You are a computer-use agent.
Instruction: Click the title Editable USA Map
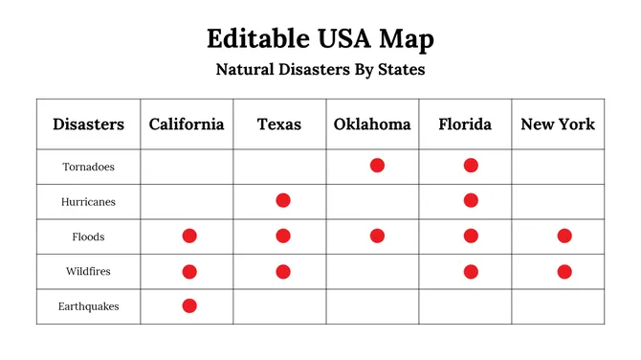320,39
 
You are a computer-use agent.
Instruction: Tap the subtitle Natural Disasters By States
320,70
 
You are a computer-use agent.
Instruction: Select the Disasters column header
88,124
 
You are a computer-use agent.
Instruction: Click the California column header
187,124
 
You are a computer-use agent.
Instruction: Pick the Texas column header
279,124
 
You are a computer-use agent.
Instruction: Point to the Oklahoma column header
372,124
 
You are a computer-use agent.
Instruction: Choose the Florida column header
465,124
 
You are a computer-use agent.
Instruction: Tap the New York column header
558,124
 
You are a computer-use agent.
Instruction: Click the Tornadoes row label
88,167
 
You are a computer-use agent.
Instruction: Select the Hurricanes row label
88,201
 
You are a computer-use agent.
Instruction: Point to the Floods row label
88,236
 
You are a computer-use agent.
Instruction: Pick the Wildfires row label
88,271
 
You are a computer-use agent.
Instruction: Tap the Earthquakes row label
88,306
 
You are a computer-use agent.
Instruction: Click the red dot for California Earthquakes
189,306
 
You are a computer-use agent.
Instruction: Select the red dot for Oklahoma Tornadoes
377,166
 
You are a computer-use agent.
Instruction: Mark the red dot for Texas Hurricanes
283,200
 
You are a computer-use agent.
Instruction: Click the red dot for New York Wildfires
564,271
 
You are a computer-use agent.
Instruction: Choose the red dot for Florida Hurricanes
471,200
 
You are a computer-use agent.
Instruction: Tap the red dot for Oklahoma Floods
377,236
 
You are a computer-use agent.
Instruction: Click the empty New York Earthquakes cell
558,306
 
